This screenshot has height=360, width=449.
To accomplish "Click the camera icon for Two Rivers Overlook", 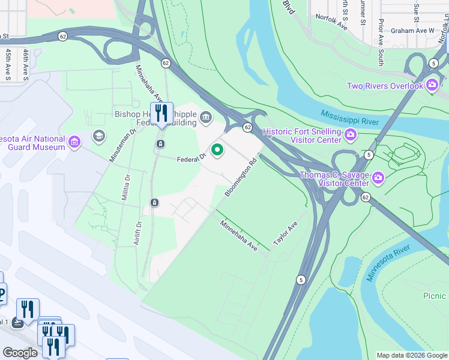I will coord(432,86).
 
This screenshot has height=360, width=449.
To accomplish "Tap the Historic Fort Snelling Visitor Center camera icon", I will coord(349,136).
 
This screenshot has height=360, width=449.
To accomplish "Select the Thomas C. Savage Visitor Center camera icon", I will coord(378,178).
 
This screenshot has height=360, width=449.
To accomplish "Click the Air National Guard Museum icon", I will coord(74,142).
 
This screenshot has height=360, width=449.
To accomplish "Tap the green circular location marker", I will coord(217,149).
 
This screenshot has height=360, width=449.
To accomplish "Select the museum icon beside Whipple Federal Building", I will coord(206,116).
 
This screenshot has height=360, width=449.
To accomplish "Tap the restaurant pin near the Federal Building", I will coord(161,113).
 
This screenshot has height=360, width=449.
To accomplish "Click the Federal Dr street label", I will coord(191,158).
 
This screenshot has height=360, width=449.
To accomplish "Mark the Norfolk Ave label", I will coord(331,23).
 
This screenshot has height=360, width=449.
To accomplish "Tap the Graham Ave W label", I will coord(411,30).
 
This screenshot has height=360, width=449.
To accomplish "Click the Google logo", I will coord(20,353).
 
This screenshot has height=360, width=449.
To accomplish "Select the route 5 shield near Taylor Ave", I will coord(300,280).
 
